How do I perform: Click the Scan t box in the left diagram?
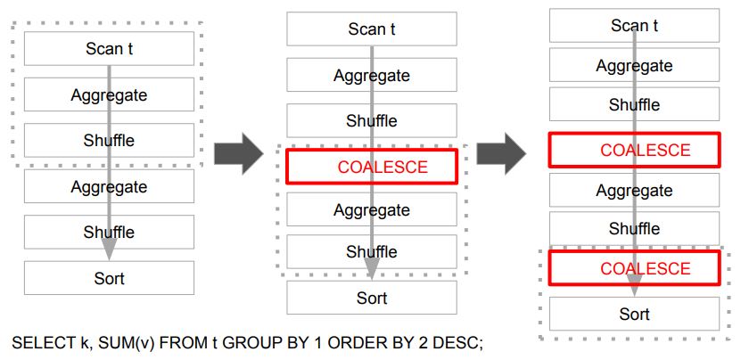pyautogui.click(x=109, y=48)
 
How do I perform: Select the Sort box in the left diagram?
pyautogui.click(x=109, y=278)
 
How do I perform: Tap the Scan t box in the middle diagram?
pyautogui.click(x=371, y=29)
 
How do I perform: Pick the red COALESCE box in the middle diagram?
pyautogui.click(x=371, y=167)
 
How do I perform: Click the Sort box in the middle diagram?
pyautogui.click(x=371, y=298)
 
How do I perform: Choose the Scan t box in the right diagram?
pyautogui.click(x=634, y=26)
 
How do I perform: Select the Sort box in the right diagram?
pyautogui.click(x=634, y=314)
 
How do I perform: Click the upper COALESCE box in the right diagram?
pyautogui.click(x=634, y=150)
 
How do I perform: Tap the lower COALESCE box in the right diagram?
pyautogui.click(x=634, y=268)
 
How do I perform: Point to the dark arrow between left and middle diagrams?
pyautogui.click(x=238, y=152)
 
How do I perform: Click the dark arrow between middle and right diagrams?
pyautogui.click(x=500, y=152)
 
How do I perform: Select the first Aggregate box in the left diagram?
pyautogui.click(x=109, y=94)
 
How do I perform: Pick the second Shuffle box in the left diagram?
pyautogui.click(x=109, y=232)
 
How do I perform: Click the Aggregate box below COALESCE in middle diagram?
pyautogui.click(x=371, y=210)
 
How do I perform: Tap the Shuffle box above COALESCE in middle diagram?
pyautogui.click(x=371, y=120)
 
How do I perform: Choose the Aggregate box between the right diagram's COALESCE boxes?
pyautogui.click(x=634, y=191)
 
